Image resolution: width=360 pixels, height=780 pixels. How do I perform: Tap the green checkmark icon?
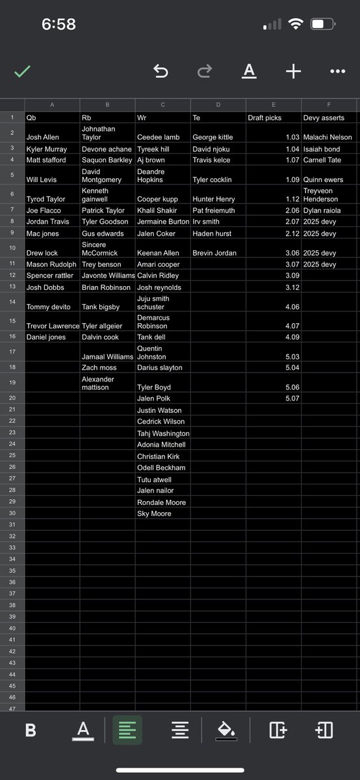coord(23,71)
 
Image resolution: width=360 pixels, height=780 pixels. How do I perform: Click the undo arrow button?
coord(161,71)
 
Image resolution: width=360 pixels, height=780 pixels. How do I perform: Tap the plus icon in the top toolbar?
coord(293,71)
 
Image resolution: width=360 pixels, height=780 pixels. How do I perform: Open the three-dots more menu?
coord(337,71)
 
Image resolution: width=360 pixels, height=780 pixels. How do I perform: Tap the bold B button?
coord(31,730)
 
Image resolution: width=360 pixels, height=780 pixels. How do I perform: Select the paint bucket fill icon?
coord(225,730)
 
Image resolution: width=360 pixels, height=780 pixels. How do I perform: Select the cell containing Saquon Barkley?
coord(107,160)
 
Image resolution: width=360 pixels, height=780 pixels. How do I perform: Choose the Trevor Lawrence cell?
coord(52,326)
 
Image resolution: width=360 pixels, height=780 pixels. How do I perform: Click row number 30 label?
coord(12,513)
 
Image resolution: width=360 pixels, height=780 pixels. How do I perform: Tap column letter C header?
coord(162,104)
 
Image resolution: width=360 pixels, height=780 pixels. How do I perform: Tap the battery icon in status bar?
coord(321,25)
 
